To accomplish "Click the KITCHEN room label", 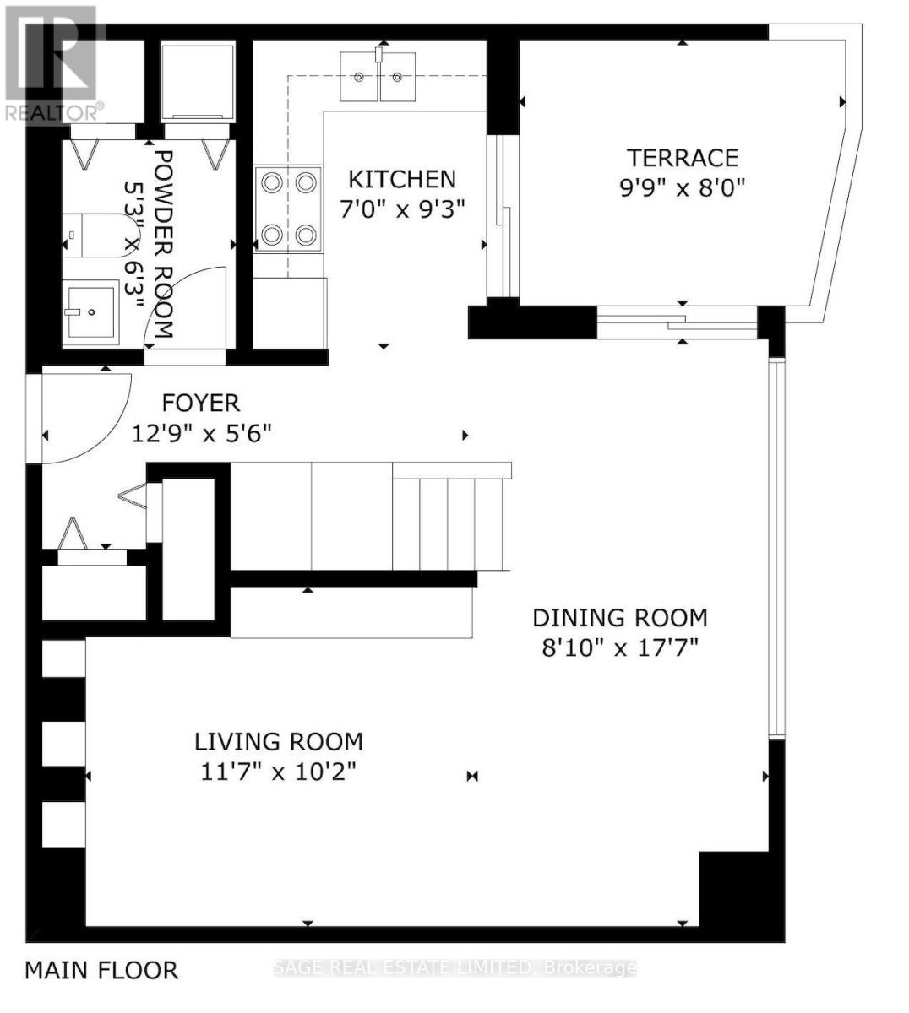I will pyautogui.click(x=402, y=179).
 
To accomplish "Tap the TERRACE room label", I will pyautogui.click(x=682, y=158).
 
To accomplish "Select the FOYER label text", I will pyautogui.click(x=201, y=403).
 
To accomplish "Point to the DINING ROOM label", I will pyautogui.click(x=619, y=618).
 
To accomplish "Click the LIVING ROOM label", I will pyautogui.click(x=278, y=742).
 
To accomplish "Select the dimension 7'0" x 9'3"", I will pyautogui.click(x=402, y=209).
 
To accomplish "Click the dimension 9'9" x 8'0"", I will pyautogui.click(x=682, y=187).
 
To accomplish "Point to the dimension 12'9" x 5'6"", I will pyautogui.click(x=201, y=433).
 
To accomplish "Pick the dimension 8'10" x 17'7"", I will pyautogui.click(x=619, y=647).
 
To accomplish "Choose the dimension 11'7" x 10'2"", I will pyautogui.click(x=278, y=772).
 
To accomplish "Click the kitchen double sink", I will pyautogui.click(x=378, y=76).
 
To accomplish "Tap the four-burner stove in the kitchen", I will pyautogui.click(x=288, y=209).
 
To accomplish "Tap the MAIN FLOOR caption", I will pyautogui.click(x=101, y=971).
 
